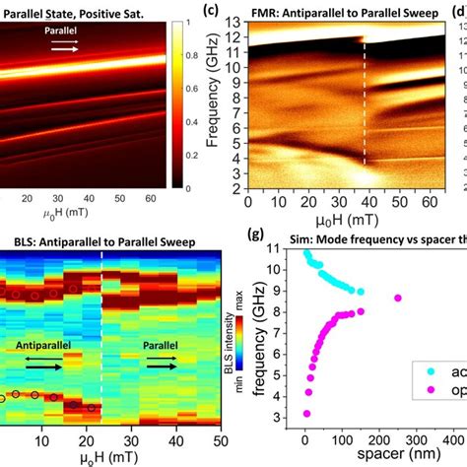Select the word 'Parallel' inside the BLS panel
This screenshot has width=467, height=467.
(164, 346)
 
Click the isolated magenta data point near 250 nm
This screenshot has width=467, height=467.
(398, 298)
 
